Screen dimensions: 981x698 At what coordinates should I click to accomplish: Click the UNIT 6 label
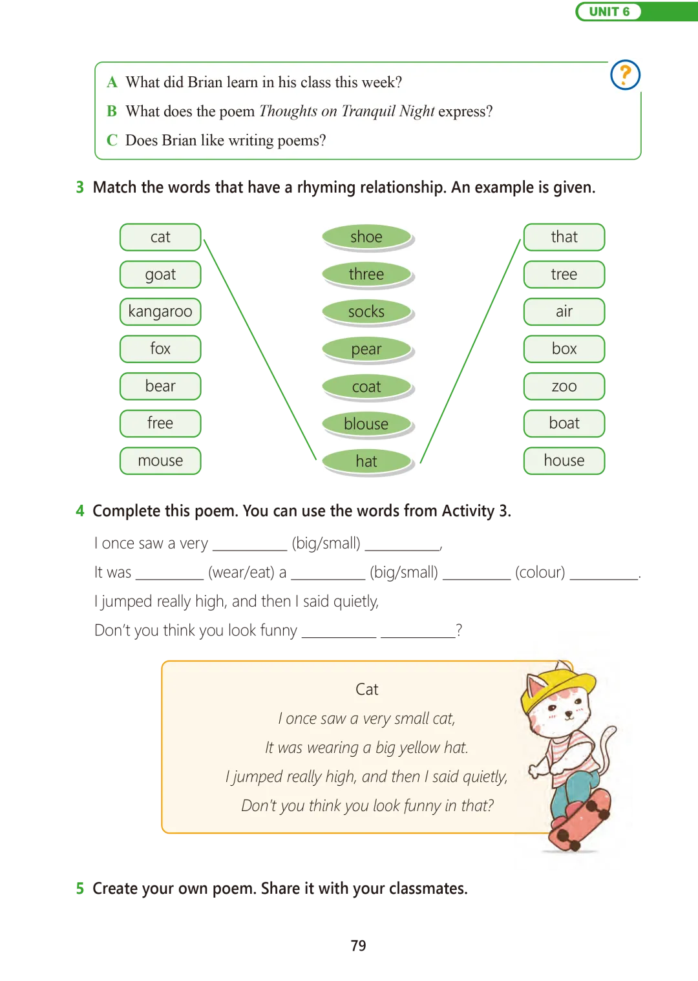[609, 12]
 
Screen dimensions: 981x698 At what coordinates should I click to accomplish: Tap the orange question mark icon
[625, 75]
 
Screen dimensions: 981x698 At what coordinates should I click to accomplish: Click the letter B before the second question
[112, 111]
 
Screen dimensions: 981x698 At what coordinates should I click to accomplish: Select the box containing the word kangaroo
[160, 311]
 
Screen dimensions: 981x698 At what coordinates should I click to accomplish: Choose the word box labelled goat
[160, 275]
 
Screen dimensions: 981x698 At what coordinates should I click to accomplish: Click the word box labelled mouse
[160, 461]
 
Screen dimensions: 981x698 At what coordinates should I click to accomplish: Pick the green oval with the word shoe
[366, 237]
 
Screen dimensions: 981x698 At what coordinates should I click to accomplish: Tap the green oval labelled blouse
[366, 424]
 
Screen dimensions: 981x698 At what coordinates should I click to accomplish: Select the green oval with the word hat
[366, 461]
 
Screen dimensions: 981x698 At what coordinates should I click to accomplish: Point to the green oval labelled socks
[366, 311]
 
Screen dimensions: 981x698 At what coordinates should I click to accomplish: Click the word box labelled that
[564, 237]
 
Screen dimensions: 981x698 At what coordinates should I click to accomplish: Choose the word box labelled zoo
[564, 386]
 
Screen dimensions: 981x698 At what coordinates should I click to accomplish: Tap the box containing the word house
[564, 461]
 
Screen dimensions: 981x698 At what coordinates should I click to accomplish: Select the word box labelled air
[564, 311]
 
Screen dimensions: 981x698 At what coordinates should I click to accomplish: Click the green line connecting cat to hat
[259, 349]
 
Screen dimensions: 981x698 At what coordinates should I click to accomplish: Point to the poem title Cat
[366, 690]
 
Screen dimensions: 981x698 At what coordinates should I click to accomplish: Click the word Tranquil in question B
[368, 111]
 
